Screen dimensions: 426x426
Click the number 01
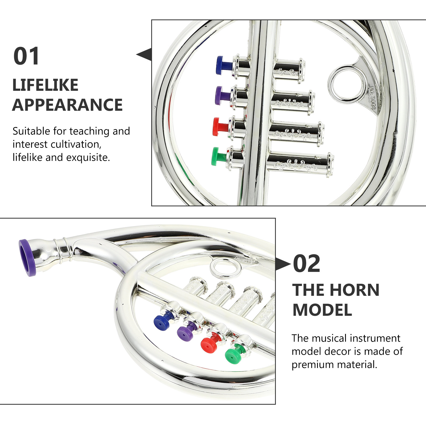(x=26, y=56)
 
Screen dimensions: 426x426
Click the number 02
(x=306, y=264)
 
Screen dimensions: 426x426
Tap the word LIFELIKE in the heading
(x=45, y=85)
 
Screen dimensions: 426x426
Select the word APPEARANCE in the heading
(x=67, y=105)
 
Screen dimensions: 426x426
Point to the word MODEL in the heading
(x=322, y=310)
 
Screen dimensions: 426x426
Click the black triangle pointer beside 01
(x=144, y=54)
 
